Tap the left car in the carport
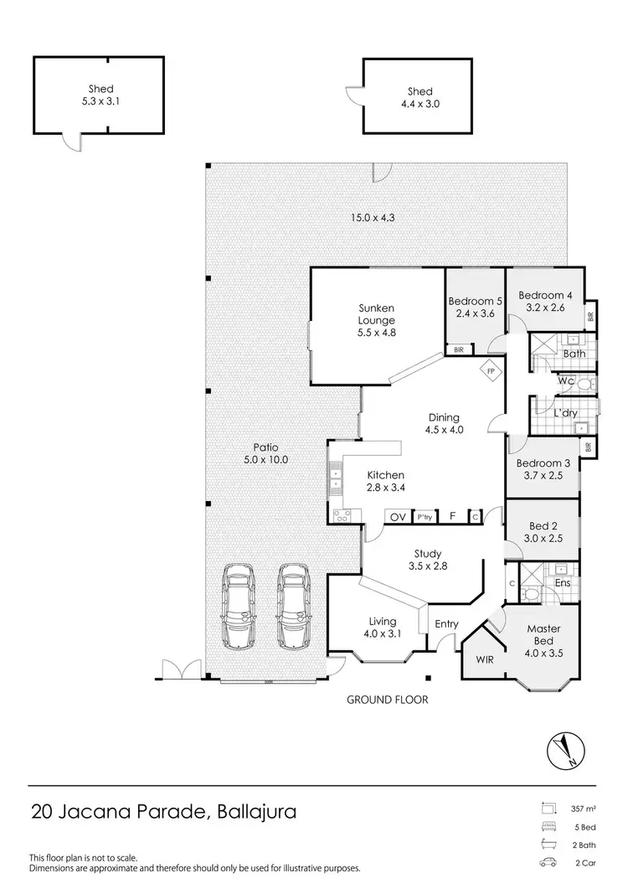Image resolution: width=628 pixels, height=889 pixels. pyautogui.click(x=239, y=606)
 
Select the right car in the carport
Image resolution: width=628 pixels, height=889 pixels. pyautogui.click(x=294, y=606)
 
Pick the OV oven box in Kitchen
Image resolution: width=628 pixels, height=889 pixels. pyautogui.click(x=397, y=517)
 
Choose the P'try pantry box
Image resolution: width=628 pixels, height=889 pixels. pyautogui.click(x=425, y=517)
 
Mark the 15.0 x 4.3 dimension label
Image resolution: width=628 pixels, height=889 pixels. pyautogui.click(x=373, y=218)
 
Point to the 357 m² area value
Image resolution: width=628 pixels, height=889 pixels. pyautogui.click(x=584, y=809)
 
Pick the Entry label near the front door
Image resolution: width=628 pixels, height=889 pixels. pyautogui.click(x=446, y=623)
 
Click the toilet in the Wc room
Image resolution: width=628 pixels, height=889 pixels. pyautogui.click(x=585, y=383)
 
